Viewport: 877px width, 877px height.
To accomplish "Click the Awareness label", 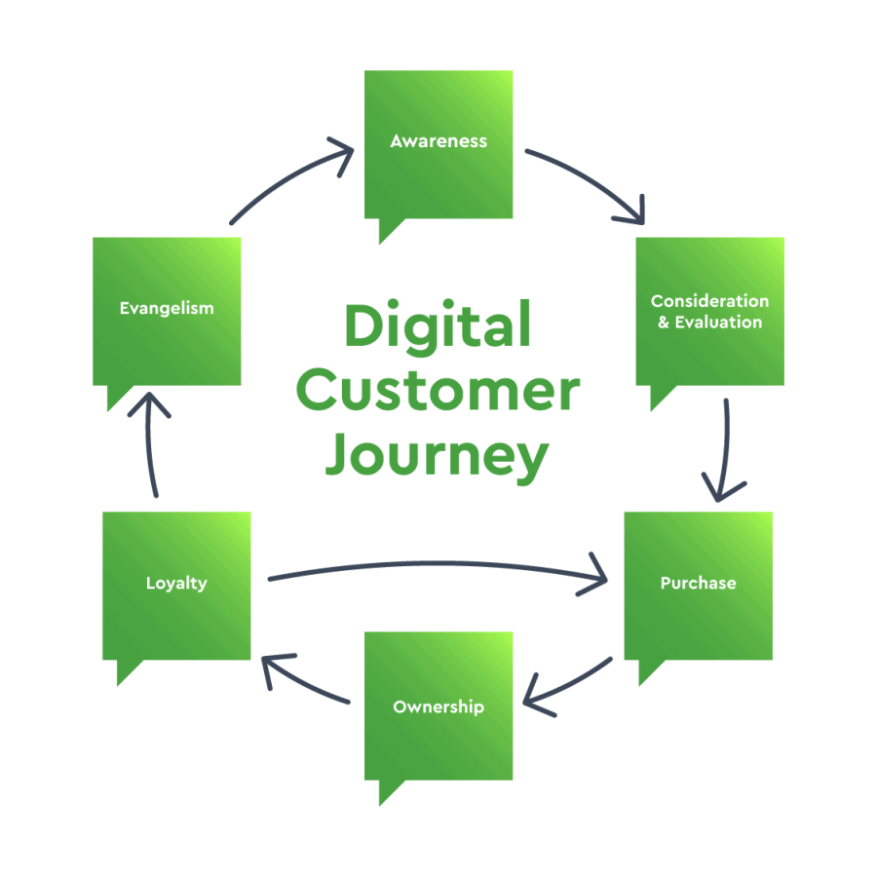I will (x=438, y=141).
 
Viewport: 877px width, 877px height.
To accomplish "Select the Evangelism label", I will (x=167, y=308).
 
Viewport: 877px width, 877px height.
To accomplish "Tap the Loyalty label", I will (x=176, y=584).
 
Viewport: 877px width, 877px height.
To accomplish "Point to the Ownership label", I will (x=438, y=706).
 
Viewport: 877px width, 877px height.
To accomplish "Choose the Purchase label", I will (x=698, y=584).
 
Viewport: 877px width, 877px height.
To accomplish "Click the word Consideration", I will (x=709, y=301).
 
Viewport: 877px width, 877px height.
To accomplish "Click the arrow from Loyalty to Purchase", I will (x=438, y=566).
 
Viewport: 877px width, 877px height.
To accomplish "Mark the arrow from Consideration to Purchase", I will (x=725, y=448).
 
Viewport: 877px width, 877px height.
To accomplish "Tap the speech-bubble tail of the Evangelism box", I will (x=118, y=397).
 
